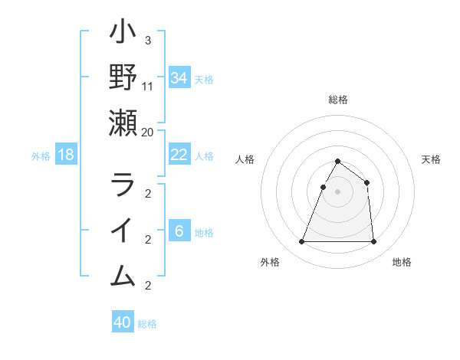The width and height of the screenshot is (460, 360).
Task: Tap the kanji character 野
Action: click(123, 77)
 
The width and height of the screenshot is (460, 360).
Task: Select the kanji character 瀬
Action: click(123, 123)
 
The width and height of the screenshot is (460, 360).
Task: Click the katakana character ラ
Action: click(123, 185)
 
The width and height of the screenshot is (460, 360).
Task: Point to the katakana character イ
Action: click(123, 231)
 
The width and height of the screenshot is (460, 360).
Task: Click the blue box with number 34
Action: click(179, 77)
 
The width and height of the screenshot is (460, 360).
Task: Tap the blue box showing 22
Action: click(179, 155)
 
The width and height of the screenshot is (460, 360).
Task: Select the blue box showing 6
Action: click(179, 231)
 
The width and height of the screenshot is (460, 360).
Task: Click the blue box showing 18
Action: click(66, 155)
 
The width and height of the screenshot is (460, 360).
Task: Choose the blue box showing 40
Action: click(123, 322)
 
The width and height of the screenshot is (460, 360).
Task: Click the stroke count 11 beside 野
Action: click(148, 86)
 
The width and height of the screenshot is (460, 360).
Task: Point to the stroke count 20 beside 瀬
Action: click(148, 132)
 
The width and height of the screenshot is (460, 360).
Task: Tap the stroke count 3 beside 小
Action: click(147, 41)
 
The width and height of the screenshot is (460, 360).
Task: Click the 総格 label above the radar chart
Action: click(338, 100)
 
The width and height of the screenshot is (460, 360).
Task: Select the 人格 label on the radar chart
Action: click(245, 159)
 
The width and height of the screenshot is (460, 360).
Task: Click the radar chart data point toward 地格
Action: click(374, 242)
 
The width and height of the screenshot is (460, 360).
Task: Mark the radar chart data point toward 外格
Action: click(301, 242)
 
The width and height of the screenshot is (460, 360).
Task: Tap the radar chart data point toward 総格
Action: click(338, 162)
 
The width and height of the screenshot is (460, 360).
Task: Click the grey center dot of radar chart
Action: click(338, 191)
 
